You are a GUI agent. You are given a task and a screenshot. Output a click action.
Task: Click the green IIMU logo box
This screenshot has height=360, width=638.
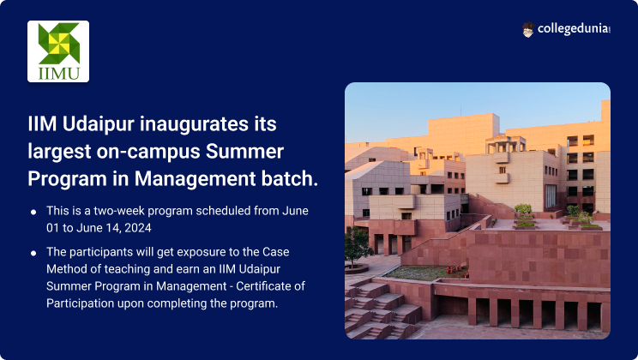tap(58, 51)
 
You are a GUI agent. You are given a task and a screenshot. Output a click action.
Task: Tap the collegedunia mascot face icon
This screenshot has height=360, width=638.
tap(527, 30)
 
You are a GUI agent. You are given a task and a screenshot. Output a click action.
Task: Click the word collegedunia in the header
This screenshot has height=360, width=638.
tap(574, 29)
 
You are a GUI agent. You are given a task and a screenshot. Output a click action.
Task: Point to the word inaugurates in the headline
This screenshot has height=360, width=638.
tap(194, 124)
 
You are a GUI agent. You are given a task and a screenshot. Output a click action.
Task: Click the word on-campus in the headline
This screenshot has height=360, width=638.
tap(148, 152)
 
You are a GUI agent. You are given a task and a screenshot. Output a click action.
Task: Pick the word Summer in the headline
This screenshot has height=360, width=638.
tap(244, 152)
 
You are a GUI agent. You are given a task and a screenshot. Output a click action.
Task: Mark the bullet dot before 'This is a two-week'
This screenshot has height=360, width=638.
tap(33, 212)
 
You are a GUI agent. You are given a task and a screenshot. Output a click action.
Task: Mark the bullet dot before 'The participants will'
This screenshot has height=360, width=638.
tap(33, 253)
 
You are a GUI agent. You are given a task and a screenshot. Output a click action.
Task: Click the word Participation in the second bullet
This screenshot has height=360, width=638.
tap(80, 303)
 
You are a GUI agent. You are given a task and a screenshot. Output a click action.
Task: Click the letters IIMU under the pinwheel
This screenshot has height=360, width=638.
tap(58, 74)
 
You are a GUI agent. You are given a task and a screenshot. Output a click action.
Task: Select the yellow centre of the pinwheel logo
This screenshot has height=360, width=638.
tap(58, 43)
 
